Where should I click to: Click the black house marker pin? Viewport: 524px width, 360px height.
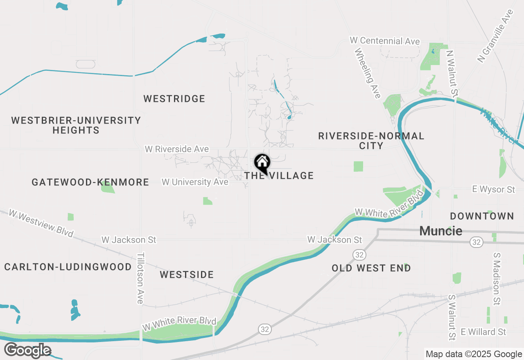262,163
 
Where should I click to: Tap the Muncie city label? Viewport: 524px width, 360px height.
441,231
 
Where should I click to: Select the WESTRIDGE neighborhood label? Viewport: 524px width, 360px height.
174,99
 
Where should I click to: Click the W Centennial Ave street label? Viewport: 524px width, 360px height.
385,41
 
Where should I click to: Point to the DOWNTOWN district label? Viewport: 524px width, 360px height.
482,216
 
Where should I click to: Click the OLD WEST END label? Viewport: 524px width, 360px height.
371,268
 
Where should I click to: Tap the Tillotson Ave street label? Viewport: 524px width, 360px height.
140,278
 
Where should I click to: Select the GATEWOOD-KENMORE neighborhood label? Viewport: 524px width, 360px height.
90,182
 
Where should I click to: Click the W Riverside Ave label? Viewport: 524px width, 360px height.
177,149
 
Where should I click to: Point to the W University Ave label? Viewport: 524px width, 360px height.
195,182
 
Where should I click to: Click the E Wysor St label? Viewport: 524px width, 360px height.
493,189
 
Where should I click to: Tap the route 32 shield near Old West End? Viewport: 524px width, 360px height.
359,255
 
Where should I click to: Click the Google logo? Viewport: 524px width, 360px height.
27,350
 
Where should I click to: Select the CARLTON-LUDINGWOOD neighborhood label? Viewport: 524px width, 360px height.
68,267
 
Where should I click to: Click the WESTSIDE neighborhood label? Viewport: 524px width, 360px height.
187,274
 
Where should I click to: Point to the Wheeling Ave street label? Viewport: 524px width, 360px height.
368,74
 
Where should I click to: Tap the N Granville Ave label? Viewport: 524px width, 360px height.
495,36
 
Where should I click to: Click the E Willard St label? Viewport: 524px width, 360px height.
483,331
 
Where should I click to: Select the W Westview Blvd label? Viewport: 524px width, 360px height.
41,223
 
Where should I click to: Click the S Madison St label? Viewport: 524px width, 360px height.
497,279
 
